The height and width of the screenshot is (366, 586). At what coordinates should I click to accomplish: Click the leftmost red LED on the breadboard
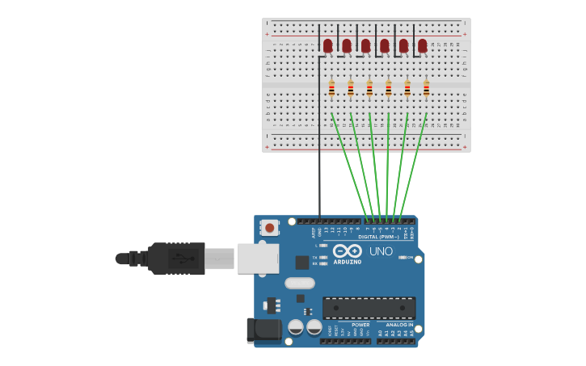coord(327,46)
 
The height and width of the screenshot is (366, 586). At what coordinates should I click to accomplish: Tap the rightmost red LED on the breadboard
coord(422,46)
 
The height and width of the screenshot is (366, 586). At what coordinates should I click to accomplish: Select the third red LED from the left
coord(365,46)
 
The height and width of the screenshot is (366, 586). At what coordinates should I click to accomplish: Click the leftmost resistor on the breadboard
coord(331,89)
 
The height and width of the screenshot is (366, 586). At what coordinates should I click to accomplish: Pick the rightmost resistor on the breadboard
coord(426,89)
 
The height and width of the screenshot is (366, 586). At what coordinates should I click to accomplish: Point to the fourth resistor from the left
coord(388,89)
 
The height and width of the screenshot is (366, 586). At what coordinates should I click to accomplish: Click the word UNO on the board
coord(381,251)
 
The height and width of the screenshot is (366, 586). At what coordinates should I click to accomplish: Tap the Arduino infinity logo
coord(348,250)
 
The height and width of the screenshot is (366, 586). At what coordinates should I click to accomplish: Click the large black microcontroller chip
coord(369,307)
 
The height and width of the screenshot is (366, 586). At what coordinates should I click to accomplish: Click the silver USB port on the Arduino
coord(257,259)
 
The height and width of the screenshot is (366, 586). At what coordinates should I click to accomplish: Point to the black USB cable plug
coord(176,259)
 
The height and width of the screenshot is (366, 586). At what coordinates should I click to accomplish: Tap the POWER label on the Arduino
coord(360,325)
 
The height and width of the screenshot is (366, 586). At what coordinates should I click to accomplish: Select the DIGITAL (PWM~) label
coord(377,237)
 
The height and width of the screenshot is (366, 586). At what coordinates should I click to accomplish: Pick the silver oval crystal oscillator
coord(299,283)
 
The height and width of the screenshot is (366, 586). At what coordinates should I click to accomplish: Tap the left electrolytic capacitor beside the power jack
coord(296,327)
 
